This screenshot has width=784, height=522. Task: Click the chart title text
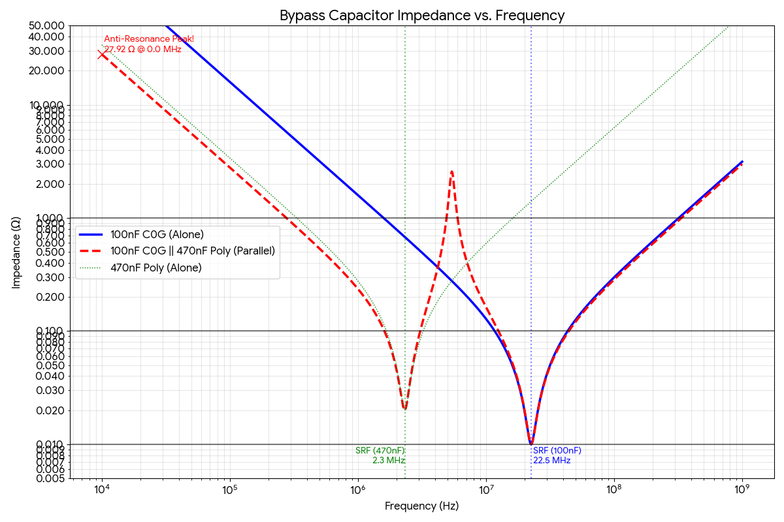(x=421, y=15)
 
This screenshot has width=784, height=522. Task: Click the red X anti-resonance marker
(x=102, y=54)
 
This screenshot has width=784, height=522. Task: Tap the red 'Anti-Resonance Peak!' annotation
(x=149, y=39)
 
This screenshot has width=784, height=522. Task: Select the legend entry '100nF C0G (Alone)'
(x=157, y=235)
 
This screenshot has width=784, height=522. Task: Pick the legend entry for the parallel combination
(x=193, y=251)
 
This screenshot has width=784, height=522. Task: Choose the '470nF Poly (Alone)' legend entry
(x=156, y=268)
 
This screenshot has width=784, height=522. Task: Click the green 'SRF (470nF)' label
(x=380, y=451)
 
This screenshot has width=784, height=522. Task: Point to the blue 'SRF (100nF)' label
(x=557, y=451)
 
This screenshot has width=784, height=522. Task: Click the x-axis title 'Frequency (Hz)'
(x=421, y=506)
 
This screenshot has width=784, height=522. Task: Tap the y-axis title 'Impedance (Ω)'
(x=16, y=253)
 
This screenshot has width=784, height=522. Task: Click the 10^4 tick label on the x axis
(x=102, y=490)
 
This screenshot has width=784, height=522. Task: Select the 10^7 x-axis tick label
(x=485, y=490)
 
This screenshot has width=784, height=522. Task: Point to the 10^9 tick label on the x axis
(x=742, y=490)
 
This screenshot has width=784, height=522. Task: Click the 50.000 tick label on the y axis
(x=46, y=25)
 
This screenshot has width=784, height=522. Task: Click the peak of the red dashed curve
(x=451, y=172)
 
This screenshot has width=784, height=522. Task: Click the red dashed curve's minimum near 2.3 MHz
(x=405, y=409)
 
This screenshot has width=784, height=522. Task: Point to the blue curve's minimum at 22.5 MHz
(x=531, y=444)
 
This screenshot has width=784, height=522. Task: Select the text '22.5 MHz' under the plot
(x=552, y=461)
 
